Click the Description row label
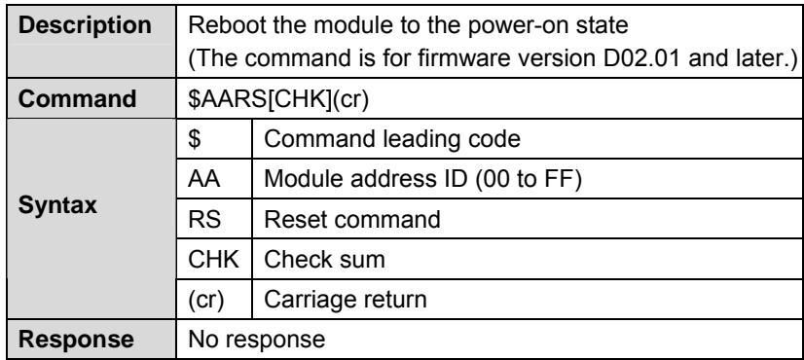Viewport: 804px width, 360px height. [85, 25]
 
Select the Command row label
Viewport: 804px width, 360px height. [78, 99]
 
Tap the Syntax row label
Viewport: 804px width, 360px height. [57, 205]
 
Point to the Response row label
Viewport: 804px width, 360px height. [76, 340]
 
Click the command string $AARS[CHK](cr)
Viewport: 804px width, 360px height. [278, 99]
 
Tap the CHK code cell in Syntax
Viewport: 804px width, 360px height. [213, 259]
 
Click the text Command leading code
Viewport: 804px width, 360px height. [392, 139]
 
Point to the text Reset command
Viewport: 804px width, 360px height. [352, 219]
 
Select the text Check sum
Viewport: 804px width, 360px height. [324, 259]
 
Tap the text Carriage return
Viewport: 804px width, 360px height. [346, 300]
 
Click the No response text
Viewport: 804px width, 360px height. [256, 340]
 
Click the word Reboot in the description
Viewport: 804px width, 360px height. [227, 25]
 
